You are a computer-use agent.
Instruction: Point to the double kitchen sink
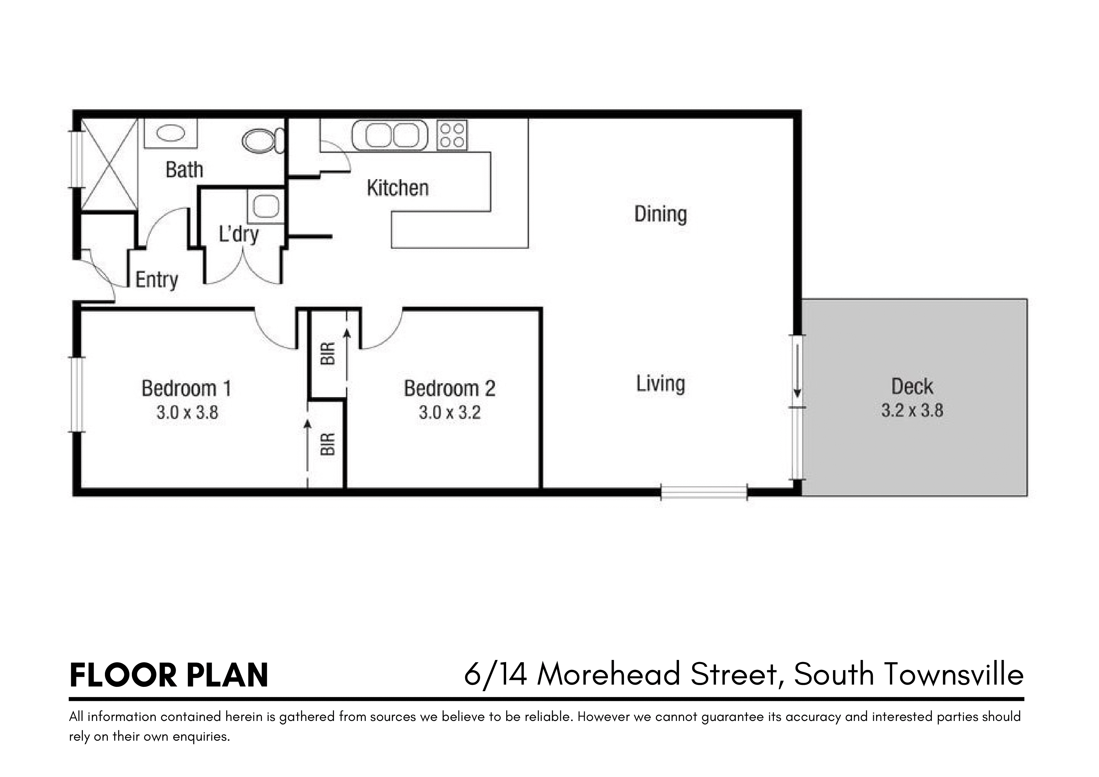click(x=390, y=135)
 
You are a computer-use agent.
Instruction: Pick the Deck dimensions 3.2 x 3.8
click(x=912, y=410)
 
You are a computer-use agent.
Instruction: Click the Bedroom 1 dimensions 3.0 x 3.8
click(x=187, y=412)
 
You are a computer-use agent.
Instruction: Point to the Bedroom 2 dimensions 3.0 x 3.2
click(x=449, y=412)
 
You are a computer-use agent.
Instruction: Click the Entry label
click(x=157, y=280)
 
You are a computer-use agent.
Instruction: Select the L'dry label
click(x=239, y=235)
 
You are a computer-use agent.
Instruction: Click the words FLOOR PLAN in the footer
click(x=168, y=676)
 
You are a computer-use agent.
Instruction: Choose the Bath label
click(x=184, y=170)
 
